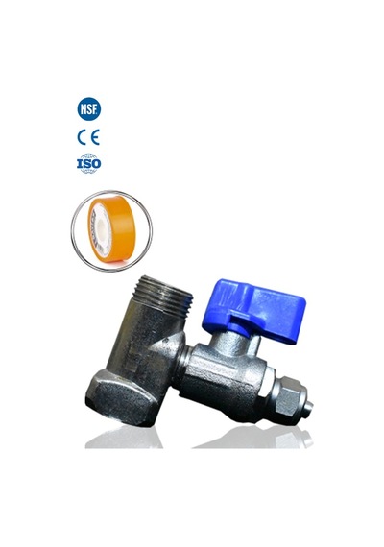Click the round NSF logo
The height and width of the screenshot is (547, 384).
(x=89, y=108)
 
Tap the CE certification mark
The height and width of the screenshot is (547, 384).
(x=88, y=137)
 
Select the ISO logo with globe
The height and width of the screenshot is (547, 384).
(x=89, y=163)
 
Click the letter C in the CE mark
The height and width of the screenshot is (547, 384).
(x=82, y=137)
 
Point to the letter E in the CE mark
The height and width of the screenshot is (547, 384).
(x=95, y=137)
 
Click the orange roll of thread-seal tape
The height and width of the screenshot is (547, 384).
(x=111, y=228)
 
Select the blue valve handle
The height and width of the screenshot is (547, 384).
(x=254, y=311)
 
